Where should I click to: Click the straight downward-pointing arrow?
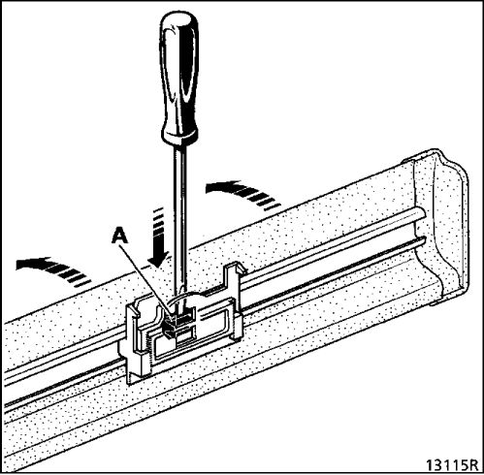pos(158,237)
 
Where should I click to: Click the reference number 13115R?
pos(451,464)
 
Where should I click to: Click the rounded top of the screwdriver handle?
pos(178,19)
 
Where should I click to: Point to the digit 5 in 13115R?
pos(462,465)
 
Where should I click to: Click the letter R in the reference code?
pos(472,465)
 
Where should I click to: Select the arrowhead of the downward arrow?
pos(158,260)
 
